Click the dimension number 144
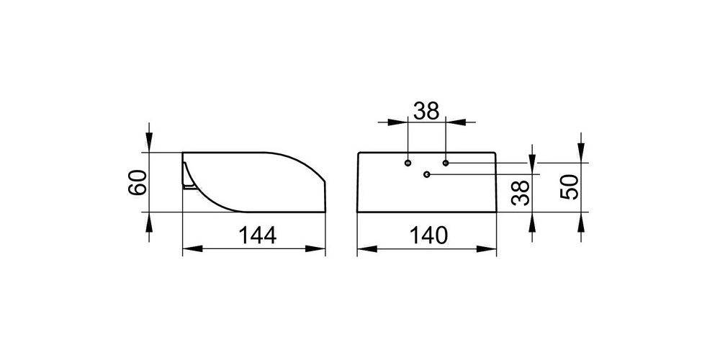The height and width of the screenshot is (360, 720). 257,235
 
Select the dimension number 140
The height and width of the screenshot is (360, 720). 428,235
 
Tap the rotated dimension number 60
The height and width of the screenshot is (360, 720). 138,182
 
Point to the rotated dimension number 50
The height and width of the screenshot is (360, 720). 569,187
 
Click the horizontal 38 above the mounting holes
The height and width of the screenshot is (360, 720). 426,111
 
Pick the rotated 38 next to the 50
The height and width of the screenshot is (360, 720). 521,192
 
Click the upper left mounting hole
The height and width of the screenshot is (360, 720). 408,163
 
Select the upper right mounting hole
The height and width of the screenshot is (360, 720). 446,163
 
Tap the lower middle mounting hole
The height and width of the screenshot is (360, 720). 426,174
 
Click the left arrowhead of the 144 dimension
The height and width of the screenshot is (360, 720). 192,249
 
